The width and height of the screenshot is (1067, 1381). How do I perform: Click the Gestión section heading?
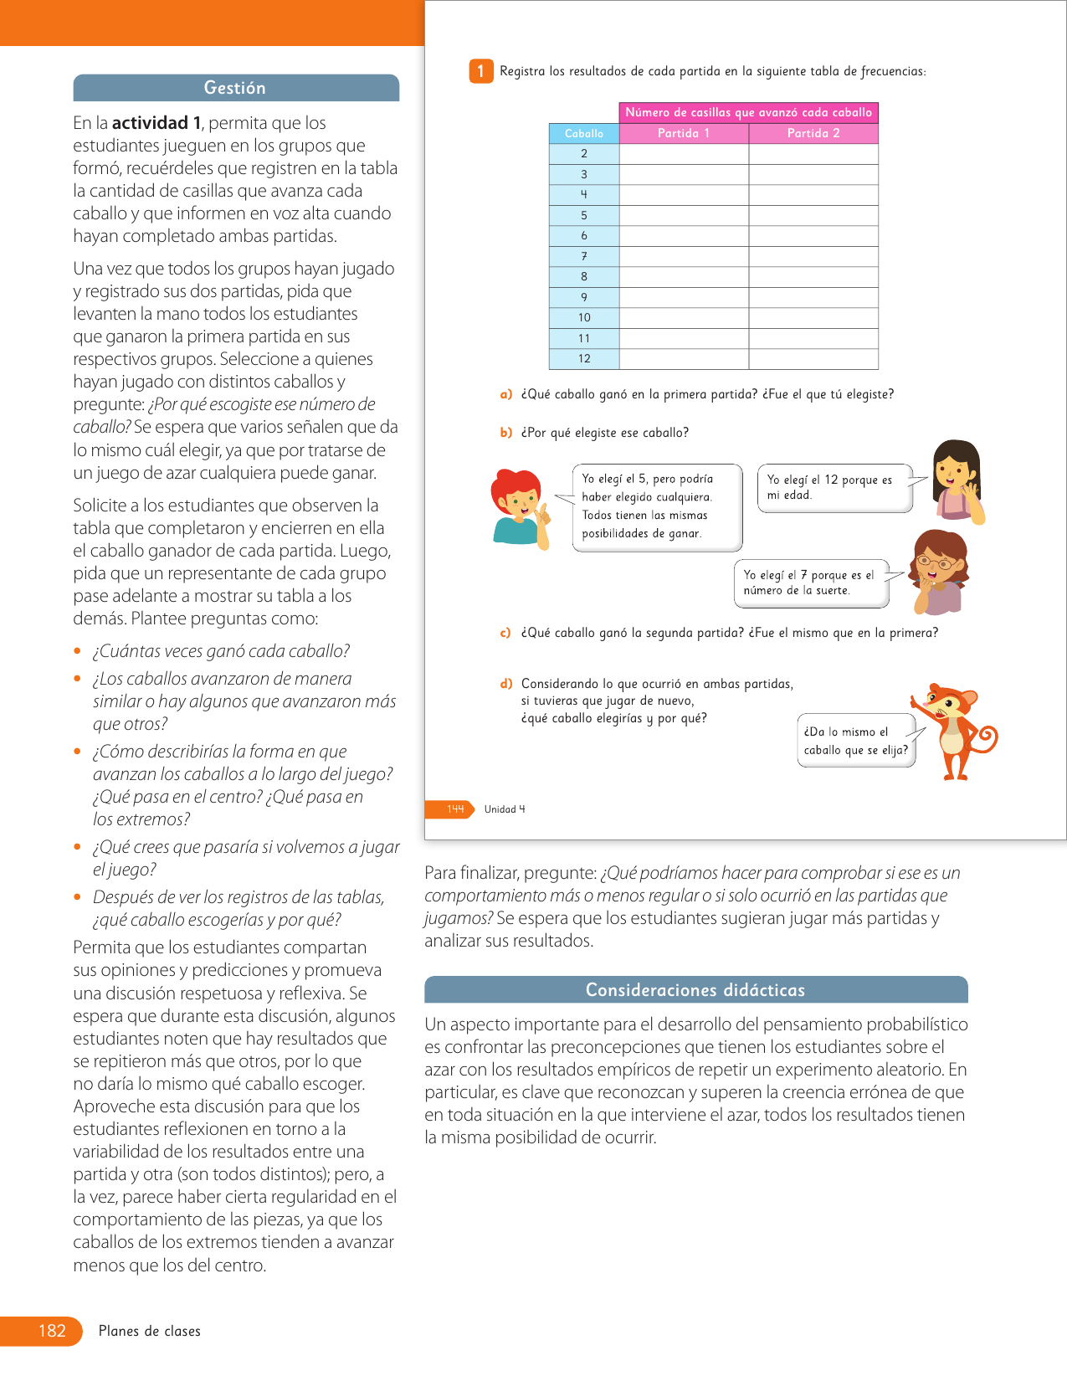click(x=235, y=88)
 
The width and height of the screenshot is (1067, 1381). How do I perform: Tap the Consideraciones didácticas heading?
click(x=695, y=990)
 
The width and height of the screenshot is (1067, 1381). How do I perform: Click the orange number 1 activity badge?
click(x=480, y=71)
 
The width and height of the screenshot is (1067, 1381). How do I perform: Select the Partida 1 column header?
click(x=683, y=134)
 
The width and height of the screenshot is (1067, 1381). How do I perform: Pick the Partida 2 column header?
click(x=813, y=134)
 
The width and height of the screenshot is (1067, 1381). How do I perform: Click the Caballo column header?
click(x=584, y=134)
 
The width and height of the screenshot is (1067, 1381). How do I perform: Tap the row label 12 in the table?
click(x=584, y=359)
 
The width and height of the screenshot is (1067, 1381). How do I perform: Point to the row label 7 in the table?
click(x=584, y=256)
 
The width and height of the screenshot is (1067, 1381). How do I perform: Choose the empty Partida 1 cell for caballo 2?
click(x=683, y=154)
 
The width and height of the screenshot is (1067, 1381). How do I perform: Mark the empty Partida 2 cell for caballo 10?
click(x=813, y=318)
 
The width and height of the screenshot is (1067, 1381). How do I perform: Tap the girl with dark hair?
click(x=957, y=481)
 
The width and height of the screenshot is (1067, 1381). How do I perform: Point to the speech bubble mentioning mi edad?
click(x=834, y=488)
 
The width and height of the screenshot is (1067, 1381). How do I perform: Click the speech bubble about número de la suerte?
click(x=810, y=583)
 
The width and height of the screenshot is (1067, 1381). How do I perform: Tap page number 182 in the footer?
click(x=52, y=1331)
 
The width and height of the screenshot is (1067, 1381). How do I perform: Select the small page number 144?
click(x=454, y=809)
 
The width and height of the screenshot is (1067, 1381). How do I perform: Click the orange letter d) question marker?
click(x=506, y=684)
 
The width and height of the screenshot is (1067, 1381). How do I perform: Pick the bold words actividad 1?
click(x=156, y=123)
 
